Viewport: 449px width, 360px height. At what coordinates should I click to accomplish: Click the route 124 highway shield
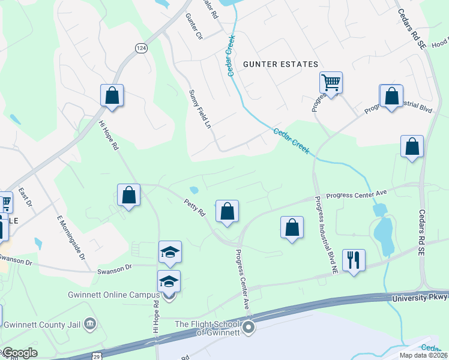pyautogui.click(x=141, y=49)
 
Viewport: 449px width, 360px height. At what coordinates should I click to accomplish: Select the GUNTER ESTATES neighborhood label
pyautogui.click(x=280, y=64)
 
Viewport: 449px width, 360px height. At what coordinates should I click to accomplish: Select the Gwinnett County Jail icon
pyautogui.click(x=90, y=324)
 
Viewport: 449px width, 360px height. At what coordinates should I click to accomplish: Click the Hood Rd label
pyautogui.click(x=440, y=43)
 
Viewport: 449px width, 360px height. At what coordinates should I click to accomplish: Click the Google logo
pyautogui.click(x=20, y=353)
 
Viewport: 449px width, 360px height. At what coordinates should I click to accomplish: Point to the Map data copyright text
pyautogui.click(x=423, y=355)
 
